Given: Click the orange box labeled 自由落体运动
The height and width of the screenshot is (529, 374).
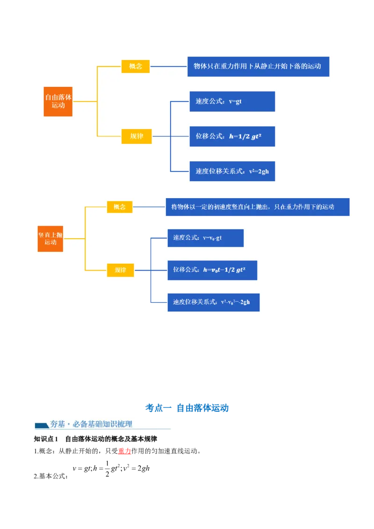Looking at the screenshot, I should [x=58, y=101].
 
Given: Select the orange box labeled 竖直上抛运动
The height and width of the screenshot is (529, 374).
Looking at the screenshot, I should [x=50, y=239].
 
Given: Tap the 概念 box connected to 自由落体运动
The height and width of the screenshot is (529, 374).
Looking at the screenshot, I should [x=136, y=66].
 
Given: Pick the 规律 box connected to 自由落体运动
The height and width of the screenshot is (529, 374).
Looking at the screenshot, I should [x=137, y=136].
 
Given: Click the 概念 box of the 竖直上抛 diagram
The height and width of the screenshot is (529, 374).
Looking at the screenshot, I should [x=120, y=207].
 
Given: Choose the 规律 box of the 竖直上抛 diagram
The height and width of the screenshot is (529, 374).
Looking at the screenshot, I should [x=121, y=270].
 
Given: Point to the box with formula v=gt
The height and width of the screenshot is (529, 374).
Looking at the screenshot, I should [x=232, y=101].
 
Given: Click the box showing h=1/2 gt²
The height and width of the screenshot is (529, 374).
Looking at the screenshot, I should [x=232, y=136].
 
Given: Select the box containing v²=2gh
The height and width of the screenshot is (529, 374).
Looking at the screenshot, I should [x=232, y=171].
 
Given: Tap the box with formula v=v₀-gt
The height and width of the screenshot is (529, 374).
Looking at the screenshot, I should [x=205, y=238].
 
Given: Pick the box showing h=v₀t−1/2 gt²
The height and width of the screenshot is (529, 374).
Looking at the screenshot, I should [x=212, y=270].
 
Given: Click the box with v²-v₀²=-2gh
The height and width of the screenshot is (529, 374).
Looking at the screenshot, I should [x=213, y=302].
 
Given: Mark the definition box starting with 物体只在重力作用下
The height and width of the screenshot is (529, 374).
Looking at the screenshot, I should [x=258, y=66].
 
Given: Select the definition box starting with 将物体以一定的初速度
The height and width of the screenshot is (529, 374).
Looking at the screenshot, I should [x=257, y=207].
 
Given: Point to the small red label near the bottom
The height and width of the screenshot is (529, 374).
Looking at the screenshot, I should [x=124, y=451].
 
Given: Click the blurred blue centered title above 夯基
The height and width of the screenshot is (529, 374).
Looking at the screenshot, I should [x=187, y=407].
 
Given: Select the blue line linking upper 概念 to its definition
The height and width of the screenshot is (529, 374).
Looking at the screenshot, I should [x=168, y=66].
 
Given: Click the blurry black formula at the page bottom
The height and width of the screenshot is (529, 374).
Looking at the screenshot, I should [x=111, y=468].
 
